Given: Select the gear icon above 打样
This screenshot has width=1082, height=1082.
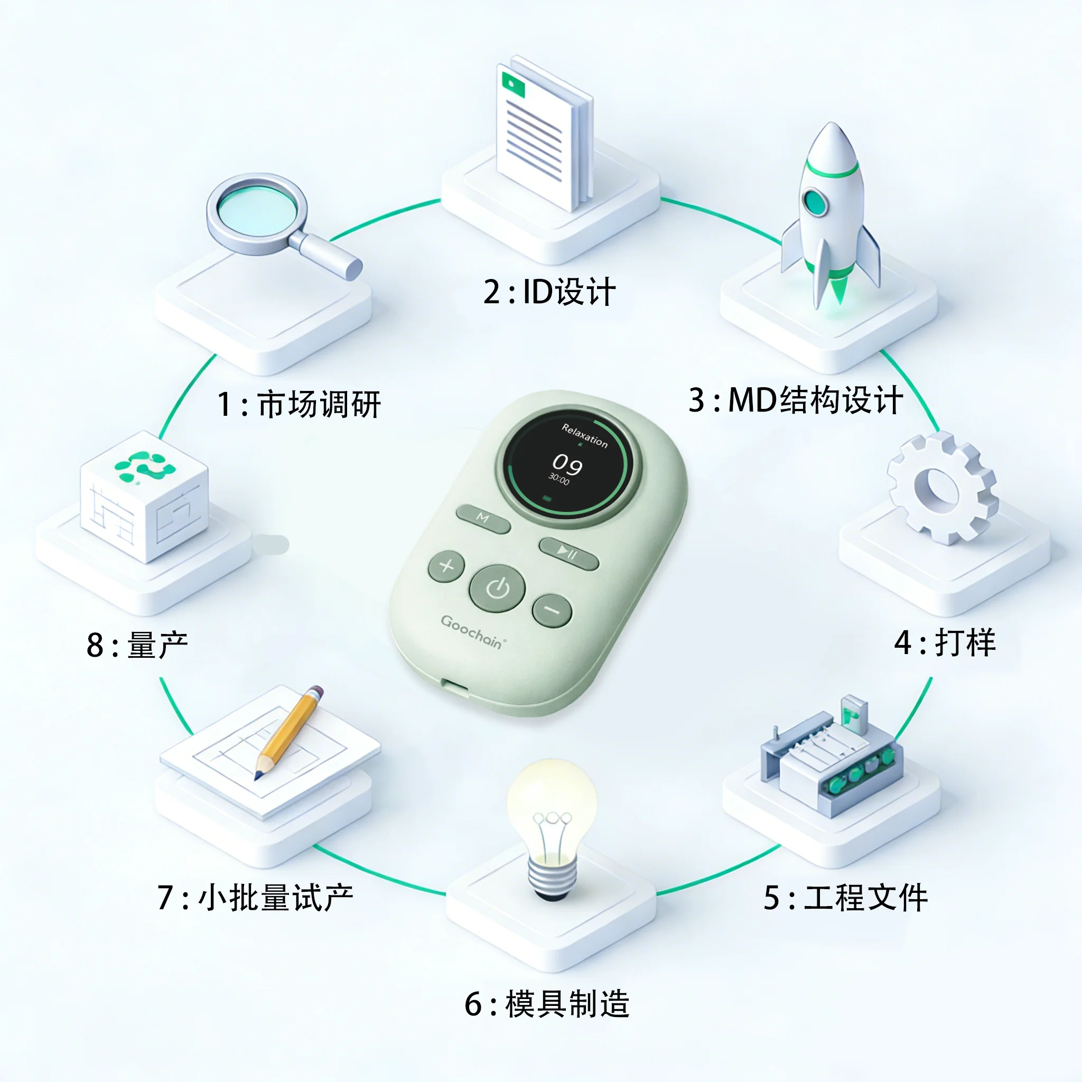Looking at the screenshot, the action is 943,487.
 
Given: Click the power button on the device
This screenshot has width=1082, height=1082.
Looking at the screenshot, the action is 497,588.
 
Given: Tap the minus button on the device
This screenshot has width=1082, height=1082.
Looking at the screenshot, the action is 552,610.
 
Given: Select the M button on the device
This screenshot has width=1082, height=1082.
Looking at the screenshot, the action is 483,519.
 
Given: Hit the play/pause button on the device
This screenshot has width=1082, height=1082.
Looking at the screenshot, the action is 568,553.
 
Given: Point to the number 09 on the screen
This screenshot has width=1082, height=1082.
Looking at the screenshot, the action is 567,464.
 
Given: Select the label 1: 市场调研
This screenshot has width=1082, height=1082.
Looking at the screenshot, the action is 299,404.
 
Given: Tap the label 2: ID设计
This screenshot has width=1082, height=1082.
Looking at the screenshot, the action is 549,292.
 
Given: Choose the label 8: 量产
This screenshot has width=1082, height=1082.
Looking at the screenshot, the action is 137,645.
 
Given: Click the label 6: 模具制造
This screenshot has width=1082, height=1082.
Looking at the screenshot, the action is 547,1003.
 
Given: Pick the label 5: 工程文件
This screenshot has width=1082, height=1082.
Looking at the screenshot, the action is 846,897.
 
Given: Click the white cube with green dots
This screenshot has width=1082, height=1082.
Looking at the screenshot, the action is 144,496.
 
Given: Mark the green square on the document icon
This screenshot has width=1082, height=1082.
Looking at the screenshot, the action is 514,84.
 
